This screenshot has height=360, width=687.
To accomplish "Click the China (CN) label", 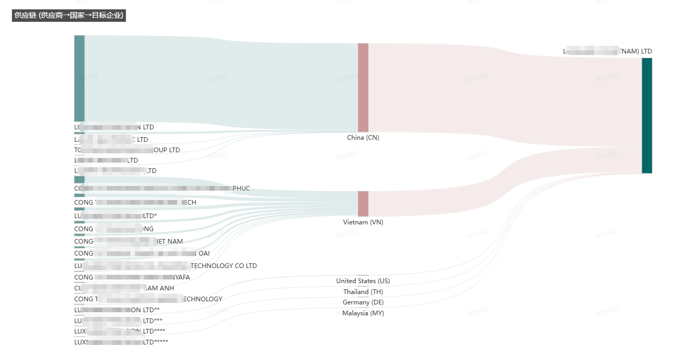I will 363,138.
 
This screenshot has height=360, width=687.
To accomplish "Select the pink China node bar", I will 363,87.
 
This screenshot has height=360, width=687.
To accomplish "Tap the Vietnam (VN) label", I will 363,222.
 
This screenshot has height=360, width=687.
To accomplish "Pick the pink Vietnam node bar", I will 363,204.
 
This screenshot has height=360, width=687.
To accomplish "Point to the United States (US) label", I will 363,281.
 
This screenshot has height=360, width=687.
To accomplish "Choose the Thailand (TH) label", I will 363,292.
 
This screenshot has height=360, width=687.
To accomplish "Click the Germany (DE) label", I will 363,302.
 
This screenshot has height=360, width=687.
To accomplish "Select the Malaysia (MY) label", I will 363,313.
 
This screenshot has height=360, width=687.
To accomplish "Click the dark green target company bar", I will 646,115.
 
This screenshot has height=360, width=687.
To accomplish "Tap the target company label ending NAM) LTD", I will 608,51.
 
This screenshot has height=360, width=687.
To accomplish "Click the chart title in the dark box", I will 69,16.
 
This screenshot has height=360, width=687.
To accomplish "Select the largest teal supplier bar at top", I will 79,78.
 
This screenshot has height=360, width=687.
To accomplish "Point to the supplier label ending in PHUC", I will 162,189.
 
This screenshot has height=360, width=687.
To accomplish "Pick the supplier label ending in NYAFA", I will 132,277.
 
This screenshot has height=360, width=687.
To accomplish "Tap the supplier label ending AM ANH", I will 124,288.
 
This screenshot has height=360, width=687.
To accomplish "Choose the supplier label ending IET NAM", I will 128,242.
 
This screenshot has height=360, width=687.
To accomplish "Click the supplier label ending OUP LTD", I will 127,150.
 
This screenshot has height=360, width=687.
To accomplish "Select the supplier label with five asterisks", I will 121,342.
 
